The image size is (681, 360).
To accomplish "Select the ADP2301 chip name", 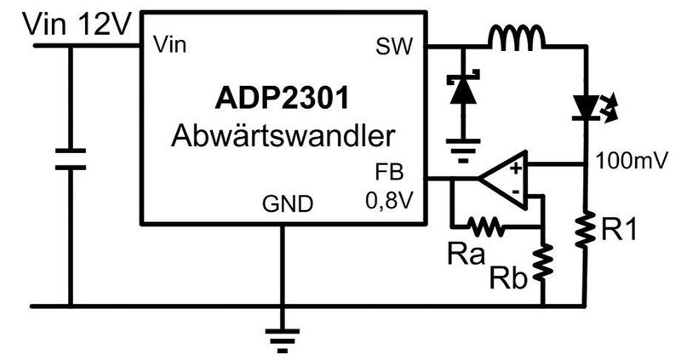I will [281, 100].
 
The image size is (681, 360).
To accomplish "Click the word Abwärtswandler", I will [282, 135].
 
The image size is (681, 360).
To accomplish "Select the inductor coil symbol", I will [517, 37].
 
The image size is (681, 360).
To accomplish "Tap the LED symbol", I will [586, 106].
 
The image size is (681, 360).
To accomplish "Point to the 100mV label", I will [627, 159].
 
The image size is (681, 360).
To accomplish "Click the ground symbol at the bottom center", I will [280, 339].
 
